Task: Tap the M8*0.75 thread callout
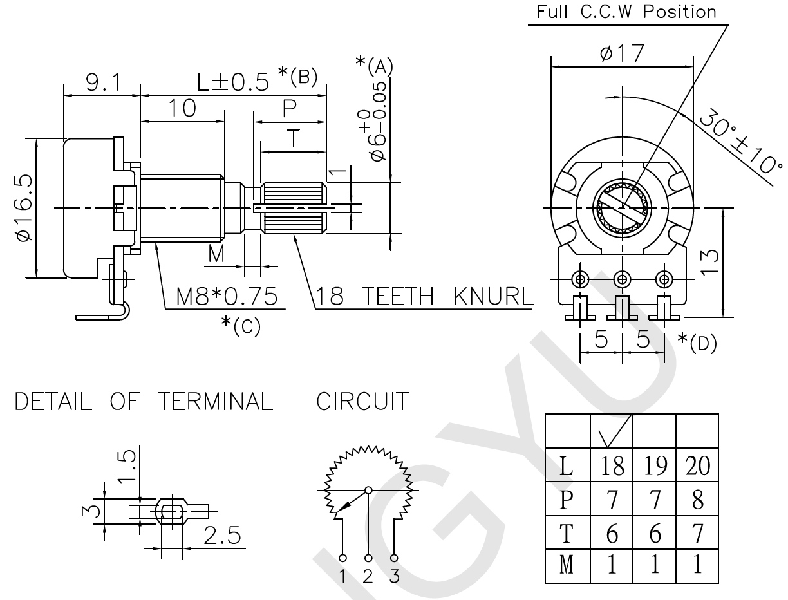(227, 297)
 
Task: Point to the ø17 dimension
(621, 54)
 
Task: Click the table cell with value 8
(696, 500)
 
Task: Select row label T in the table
(567, 534)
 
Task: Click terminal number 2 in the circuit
(368, 577)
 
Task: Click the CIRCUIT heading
(362, 402)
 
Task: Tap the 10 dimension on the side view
(183, 108)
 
